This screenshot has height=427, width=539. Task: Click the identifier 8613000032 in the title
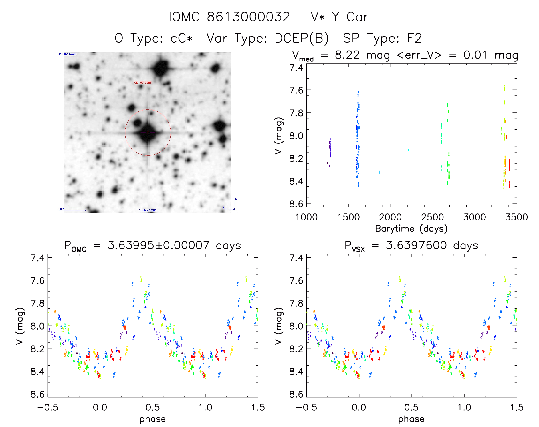tap(248, 17)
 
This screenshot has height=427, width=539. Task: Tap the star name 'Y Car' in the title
tap(350, 17)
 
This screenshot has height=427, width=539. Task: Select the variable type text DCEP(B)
tap(302, 38)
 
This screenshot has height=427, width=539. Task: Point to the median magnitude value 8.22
tap(347, 55)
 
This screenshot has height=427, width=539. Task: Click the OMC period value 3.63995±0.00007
tap(158, 245)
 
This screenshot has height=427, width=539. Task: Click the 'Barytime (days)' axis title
tap(411, 229)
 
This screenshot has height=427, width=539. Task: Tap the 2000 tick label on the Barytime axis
tap(390, 217)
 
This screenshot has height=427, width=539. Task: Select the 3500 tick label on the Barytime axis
tap(516, 217)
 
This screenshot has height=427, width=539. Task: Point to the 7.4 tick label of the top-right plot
tap(296, 68)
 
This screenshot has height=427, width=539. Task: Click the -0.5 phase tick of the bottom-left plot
tap(48, 407)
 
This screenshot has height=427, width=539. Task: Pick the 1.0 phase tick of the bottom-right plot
tap(464, 407)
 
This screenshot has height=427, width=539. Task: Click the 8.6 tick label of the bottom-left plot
tap(37, 394)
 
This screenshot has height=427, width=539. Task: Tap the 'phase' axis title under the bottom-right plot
tap(411, 419)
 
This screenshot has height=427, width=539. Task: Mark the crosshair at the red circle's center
tap(148, 133)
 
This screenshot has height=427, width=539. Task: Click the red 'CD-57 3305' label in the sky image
tap(143, 83)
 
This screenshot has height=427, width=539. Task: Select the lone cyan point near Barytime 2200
tap(409, 150)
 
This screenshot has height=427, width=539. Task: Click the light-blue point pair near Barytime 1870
tap(379, 172)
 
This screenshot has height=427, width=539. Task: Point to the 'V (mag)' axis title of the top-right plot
tap(279, 135)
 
